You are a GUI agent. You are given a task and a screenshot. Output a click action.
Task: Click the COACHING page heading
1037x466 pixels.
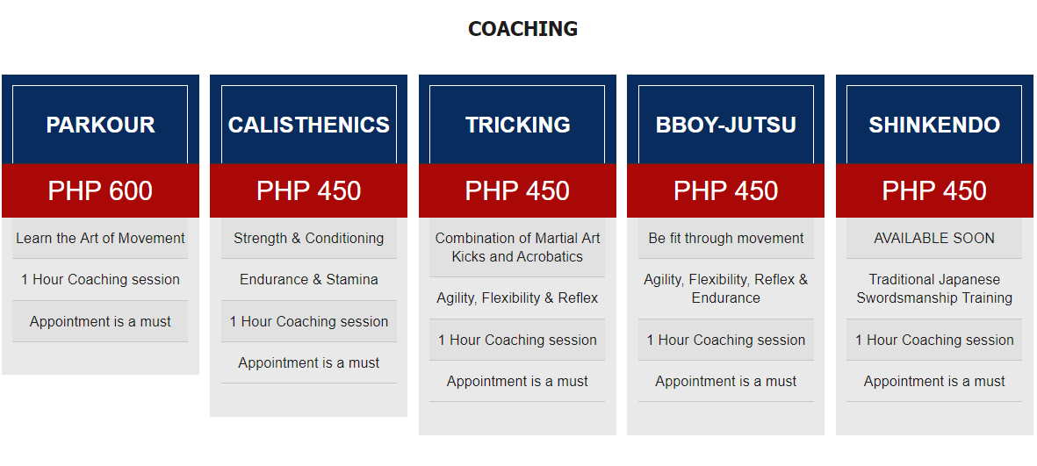pos(522,28)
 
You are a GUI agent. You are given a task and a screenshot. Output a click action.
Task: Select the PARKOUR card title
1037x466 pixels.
pos(100,125)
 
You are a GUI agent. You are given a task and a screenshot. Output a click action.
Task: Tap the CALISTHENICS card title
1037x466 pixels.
pos(309,125)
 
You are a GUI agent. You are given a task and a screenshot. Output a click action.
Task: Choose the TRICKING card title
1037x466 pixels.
pos(517,125)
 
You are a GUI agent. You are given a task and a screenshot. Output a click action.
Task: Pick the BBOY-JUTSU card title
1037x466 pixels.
pos(725,125)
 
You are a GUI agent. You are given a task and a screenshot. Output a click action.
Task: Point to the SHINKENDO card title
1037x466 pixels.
pos(934,125)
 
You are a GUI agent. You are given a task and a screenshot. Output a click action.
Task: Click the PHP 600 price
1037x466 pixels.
pos(100,190)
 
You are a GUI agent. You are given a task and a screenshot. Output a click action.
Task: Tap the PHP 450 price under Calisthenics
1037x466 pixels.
pos(309,190)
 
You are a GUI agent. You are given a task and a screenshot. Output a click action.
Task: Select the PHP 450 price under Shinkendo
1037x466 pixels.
pos(934,190)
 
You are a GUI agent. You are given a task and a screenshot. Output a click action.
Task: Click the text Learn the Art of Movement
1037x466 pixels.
pos(100,238)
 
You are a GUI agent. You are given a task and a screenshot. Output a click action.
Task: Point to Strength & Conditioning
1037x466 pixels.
pos(309,238)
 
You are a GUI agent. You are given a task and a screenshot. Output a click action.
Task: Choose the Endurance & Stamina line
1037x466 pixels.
pos(309,280)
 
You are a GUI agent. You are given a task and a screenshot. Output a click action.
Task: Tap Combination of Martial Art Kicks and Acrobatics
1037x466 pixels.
pos(517,247)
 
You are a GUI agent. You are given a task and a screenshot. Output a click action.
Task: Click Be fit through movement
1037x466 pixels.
pos(726,238)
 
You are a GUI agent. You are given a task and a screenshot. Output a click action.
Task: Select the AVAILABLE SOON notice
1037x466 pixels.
pos(934,238)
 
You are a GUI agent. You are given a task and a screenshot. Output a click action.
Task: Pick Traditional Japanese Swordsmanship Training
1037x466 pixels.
pos(934,289)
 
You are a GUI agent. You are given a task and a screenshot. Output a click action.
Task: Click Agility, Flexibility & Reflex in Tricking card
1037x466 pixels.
pos(517,298)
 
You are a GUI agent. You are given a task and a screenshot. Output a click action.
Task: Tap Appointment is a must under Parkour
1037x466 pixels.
pos(100,322)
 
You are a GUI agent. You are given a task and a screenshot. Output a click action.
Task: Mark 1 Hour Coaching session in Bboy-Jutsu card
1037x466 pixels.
pos(726,340)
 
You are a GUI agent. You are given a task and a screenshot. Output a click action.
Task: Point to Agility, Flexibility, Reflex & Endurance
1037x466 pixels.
pos(726,289)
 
